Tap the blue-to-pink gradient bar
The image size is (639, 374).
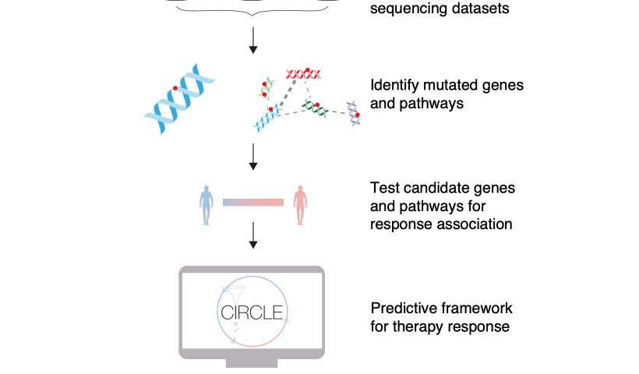click(253, 203)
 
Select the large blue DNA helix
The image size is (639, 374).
click(179, 99)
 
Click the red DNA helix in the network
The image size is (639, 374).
click(304, 74)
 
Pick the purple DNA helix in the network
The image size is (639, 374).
click(353, 114)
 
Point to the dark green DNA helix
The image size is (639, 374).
click(315, 108)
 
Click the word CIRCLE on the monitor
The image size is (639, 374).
click(252, 313)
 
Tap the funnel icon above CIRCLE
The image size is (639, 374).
click(236, 293)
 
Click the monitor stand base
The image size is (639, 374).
click(252, 363)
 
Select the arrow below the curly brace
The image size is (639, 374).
click(253, 40)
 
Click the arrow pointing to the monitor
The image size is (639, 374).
click(253, 235)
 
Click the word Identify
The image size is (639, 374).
click(394, 86)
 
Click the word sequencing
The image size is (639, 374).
click(409, 9)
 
